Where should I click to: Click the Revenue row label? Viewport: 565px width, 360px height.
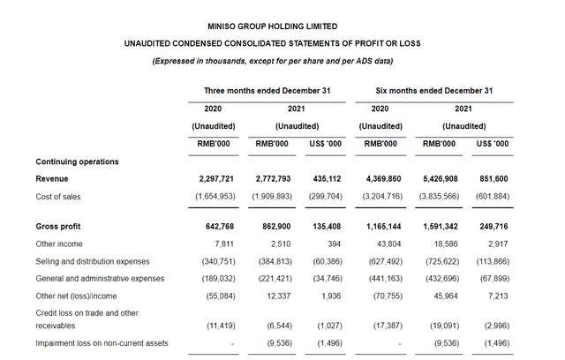53,179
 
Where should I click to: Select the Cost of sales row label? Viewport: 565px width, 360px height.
58,196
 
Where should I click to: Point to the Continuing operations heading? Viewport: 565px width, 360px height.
78,161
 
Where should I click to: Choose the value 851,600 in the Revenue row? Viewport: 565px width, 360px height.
492,179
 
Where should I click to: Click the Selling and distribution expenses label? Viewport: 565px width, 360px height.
93,261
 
